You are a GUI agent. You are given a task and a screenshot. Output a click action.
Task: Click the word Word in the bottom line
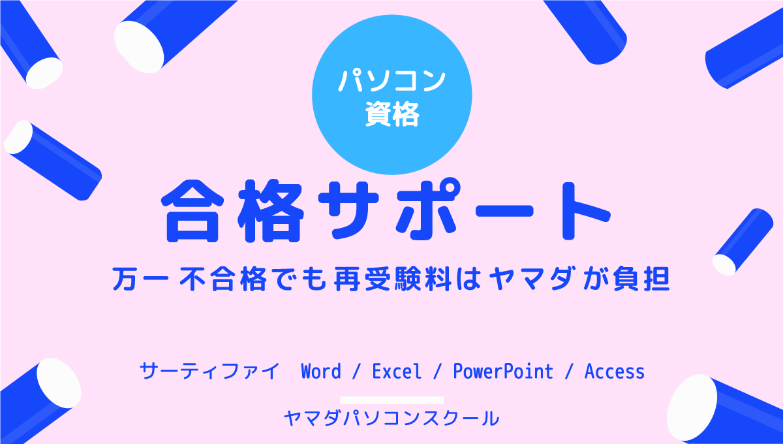pos(321,372)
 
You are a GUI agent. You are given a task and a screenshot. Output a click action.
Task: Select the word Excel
pos(397,372)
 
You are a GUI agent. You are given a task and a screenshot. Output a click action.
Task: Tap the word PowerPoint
pos(503,372)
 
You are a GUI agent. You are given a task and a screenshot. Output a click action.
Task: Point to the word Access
pos(615,372)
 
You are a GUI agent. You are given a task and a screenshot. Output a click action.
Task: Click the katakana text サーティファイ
pos(209,372)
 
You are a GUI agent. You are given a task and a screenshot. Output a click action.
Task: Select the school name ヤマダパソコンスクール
pos(391,419)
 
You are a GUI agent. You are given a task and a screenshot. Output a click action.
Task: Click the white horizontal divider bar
pos(392,400)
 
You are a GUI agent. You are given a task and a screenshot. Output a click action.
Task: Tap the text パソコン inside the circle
pos(392,81)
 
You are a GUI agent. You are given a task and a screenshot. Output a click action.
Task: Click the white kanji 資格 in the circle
pos(392,114)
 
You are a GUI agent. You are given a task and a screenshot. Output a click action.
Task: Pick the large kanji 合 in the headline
pos(192,212)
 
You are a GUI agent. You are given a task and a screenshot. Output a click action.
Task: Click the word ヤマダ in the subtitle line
pos(531,279)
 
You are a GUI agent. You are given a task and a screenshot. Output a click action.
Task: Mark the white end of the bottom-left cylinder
pos(59,383)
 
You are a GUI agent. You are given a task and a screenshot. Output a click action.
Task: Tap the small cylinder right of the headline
pos(743,242)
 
